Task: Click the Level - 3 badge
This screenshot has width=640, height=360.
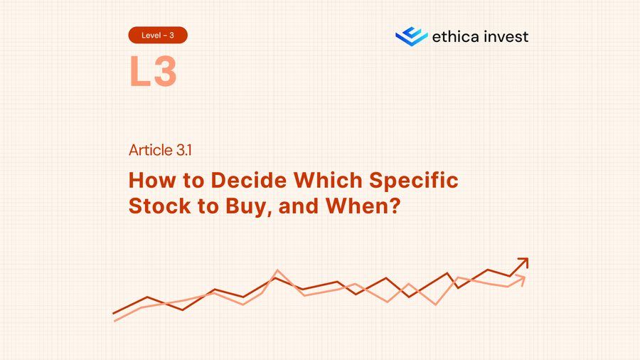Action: point(158,35)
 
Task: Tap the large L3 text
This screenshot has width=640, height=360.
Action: point(152,71)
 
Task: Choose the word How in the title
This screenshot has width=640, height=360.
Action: point(151,180)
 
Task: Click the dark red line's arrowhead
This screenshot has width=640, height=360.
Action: point(523,263)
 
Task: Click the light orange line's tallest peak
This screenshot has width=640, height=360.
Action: point(277,270)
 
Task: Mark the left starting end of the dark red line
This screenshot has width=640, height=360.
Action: point(114,313)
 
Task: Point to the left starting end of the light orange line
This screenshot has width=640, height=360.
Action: point(115,321)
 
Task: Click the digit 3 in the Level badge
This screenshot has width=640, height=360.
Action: point(171,35)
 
